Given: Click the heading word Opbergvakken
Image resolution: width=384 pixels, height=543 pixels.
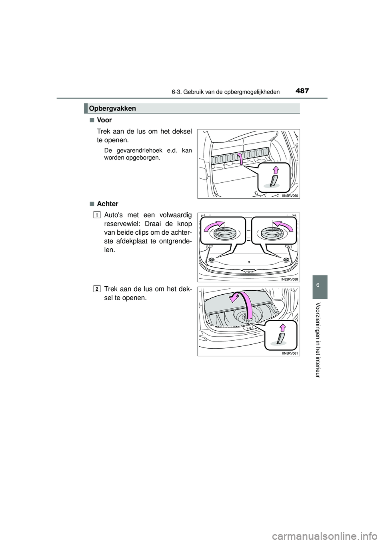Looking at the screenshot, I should pyautogui.click(x=113, y=108).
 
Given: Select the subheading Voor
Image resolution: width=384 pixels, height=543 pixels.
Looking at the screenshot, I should pyautogui.click(x=104, y=120).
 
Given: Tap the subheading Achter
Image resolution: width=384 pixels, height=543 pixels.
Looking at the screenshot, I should pyautogui.click(x=108, y=204).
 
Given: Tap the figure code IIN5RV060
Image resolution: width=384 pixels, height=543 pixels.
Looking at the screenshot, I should pyautogui.click(x=289, y=196).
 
